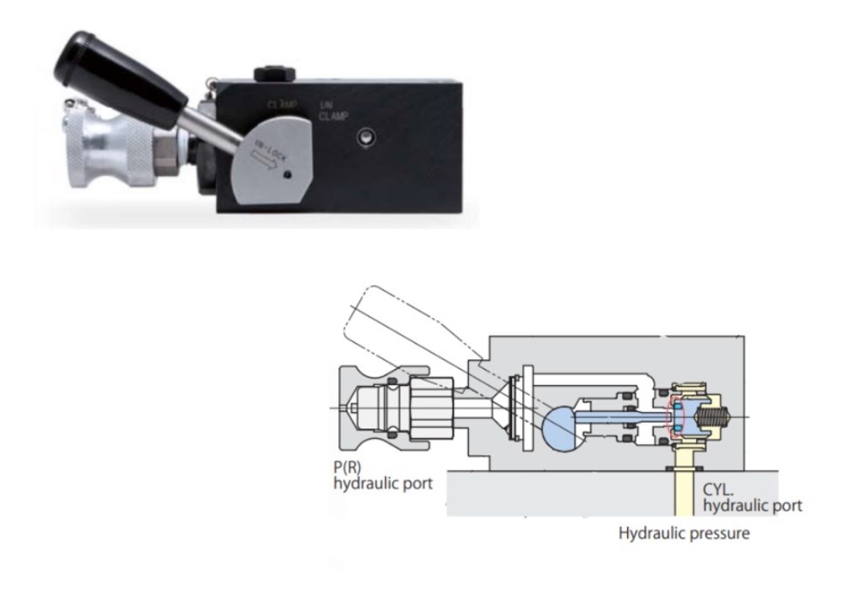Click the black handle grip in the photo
[x=117, y=75]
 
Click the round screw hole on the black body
[x=364, y=138]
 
